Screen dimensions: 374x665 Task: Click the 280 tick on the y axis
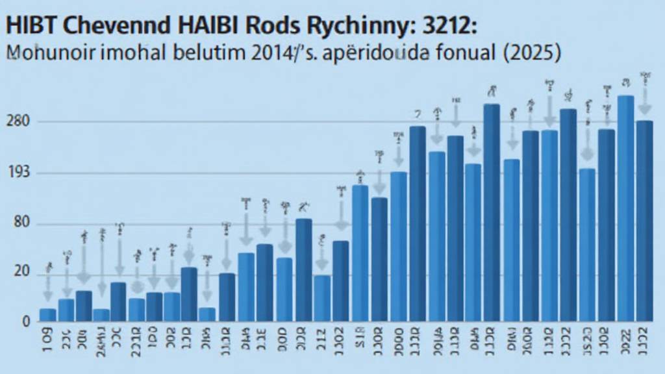coord(18,121)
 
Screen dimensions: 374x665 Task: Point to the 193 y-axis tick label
coord(18,173)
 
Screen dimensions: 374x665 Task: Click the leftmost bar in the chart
coord(48,315)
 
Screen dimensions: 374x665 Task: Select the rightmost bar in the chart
coord(645,221)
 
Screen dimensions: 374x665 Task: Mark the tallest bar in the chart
coord(626,208)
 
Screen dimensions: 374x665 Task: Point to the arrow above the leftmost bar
coord(48,286)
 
